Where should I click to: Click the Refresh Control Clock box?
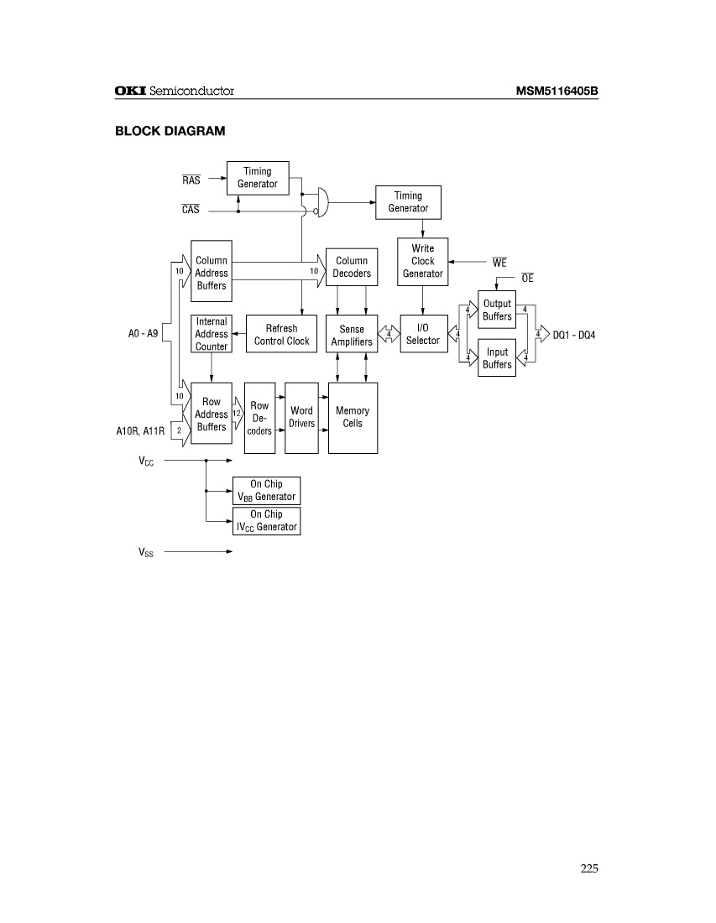pyautogui.click(x=282, y=335)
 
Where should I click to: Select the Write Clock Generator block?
pyautogui.click(x=422, y=261)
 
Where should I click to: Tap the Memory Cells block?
pyautogui.click(x=353, y=417)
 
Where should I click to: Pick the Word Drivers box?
pyautogui.click(x=301, y=417)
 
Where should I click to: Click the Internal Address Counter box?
pyautogui.click(x=212, y=334)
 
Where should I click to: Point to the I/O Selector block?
pyautogui.click(x=422, y=335)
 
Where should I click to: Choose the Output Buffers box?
pyautogui.click(x=497, y=310)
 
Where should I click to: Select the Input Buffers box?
pyautogui.click(x=497, y=358)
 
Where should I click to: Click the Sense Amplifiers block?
pyautogui.click(x=352, y=336)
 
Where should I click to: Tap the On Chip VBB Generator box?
pyautogui.click(x=266, y=491)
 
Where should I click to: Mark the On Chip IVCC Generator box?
pyautogui.click(x=266, y=521)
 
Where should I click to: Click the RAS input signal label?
pyautogui.click(x=191, y=180)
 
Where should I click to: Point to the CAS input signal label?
pyautogui.click(x=191, y=210)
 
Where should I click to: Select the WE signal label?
pyautogui.click(x=499, y=263)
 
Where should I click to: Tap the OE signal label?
pyautogui.click(x=527, y=278)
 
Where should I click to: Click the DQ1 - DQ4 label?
pyautogui.click(x=574, y=335)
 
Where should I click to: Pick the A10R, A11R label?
pyautogui.click(x=140, y=430)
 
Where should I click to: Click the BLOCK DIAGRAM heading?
pyautogui.click(x=170, y=131)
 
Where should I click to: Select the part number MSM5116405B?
pyautogui.click(x=557, y=91)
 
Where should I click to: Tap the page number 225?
pyautogui.click(x=588, y=868)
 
